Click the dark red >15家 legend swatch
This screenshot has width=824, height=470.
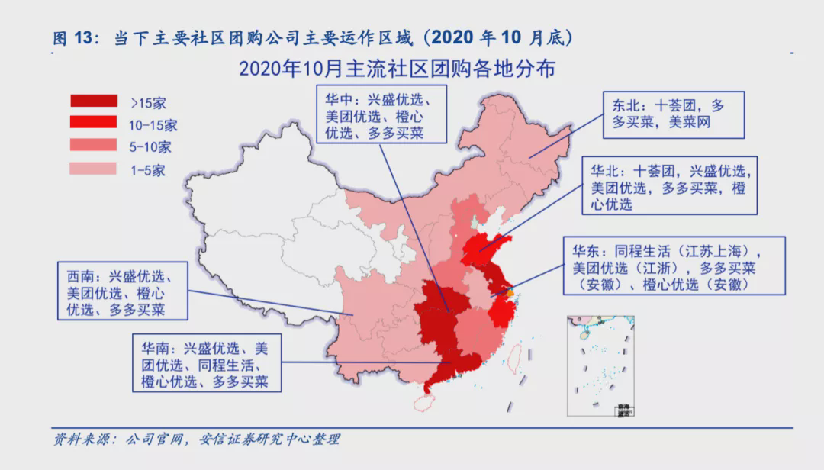94,101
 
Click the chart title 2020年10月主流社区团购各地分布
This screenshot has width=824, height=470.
397,69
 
